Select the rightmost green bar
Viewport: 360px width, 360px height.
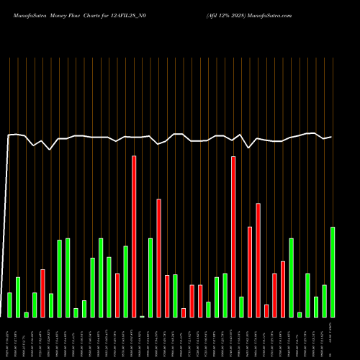(333, 272)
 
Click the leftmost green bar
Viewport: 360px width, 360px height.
(9, 305)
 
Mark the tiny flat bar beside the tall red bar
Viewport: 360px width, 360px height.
(142, 316)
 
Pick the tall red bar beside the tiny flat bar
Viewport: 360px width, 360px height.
(134, 236)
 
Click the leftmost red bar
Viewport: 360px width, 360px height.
(42, 293)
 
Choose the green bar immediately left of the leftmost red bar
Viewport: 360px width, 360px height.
(35, 305)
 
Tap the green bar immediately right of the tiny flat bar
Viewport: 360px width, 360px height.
(150, 277)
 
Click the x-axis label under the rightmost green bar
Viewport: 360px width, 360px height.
(333, 338)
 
